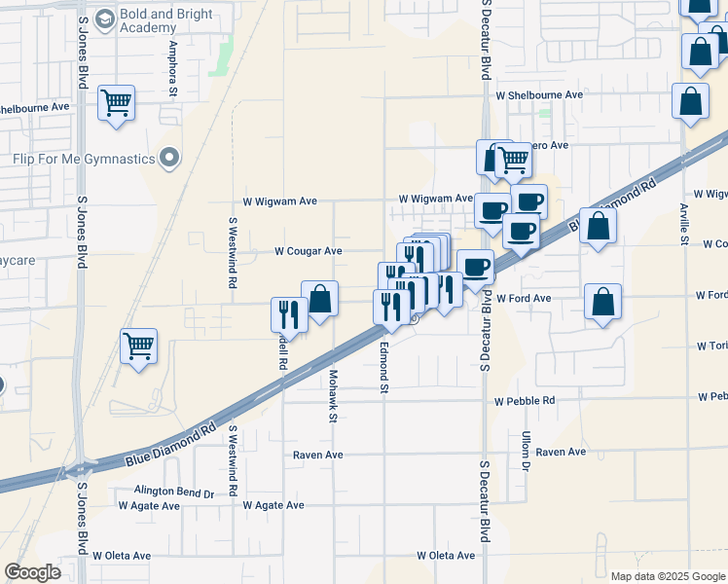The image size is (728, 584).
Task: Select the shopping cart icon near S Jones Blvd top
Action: pyautogui.click(x=116, y=102)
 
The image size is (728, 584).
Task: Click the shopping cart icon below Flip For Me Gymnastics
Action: pyautogui.click(x=139, y=346)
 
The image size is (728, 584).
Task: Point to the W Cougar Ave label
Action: pyautogui.click(x=308, y=251)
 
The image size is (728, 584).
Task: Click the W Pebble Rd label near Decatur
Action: pyautogui.click(x=525, y=401)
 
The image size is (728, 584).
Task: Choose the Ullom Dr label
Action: pyautogui.click(x=525, y=452)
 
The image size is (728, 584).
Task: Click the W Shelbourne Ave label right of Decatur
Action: pyautogui.click(x=538, y=95)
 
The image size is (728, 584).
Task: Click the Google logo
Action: pyautogui.click(x=32, y=572)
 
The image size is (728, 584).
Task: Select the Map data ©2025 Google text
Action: pyautogui.click(x=668, y=575)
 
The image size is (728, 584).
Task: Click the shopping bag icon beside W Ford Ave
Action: pyautogui.click(x=602, y=302)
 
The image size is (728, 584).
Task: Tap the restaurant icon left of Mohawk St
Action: pyautogui.click(x=288, y=313)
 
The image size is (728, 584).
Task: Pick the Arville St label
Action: pyautogui.click(x=684, y=225)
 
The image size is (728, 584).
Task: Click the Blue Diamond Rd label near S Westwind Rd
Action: pyautogui.click(x=171, y=446)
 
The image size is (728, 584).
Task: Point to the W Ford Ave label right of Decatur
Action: pyautogui.click(x=524, y=299)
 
